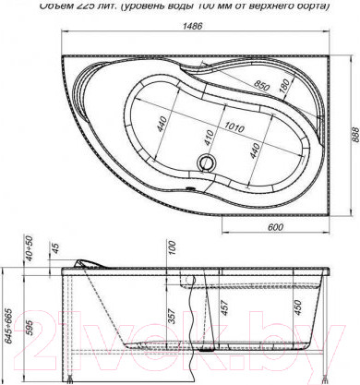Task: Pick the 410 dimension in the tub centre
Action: (209, 138)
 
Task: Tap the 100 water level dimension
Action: (172, 247)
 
